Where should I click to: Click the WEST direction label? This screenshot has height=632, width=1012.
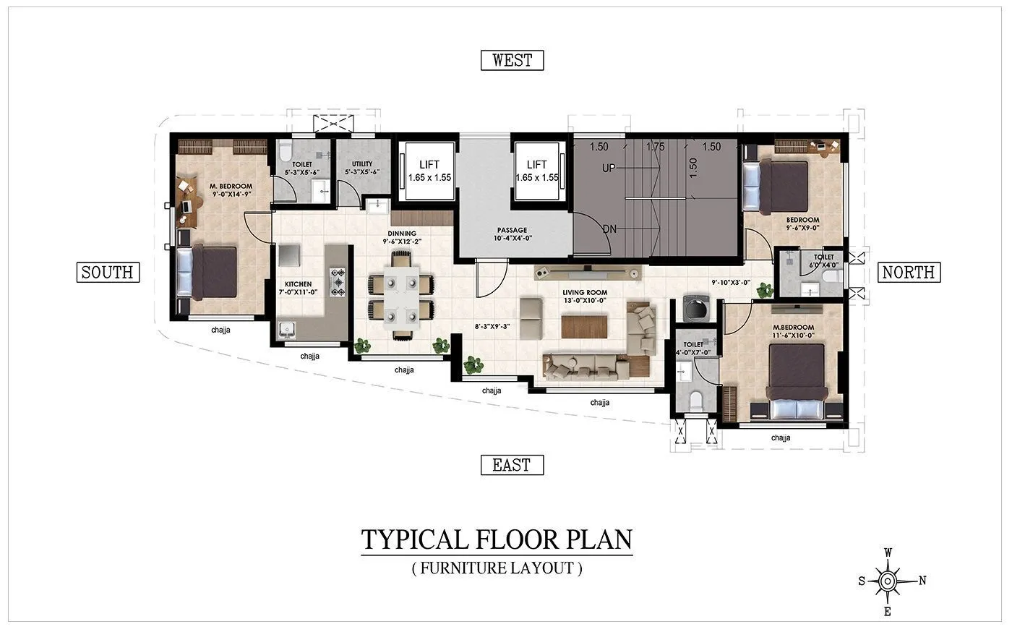[x=512, y=60]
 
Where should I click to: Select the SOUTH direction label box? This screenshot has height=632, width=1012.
[x=107, y=272]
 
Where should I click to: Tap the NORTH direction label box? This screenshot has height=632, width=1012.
[x=909, y=272]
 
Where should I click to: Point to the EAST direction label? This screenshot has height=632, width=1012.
[x=512, y=465]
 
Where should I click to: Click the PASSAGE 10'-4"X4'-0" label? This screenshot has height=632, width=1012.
[x=512, y=234]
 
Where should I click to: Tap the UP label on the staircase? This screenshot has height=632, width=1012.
[x=609, y=168]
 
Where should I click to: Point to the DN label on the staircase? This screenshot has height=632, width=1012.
[x=609, y=229]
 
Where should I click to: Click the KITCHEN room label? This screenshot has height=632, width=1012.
[x=298, y=288]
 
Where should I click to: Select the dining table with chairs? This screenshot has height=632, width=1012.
[x=400, y=295]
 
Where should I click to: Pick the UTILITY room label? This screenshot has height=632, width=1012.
[x=362, y=168]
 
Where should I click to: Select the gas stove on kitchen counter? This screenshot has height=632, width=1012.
[x=338, y=281]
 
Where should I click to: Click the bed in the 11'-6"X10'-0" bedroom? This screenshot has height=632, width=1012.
[x=797, y=380]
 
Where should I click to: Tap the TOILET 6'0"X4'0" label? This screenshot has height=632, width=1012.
[x=823, y=261]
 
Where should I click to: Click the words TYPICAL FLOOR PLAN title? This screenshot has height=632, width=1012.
[x=497, y=539]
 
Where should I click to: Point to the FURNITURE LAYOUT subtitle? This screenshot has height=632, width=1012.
[x=497, y=568]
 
